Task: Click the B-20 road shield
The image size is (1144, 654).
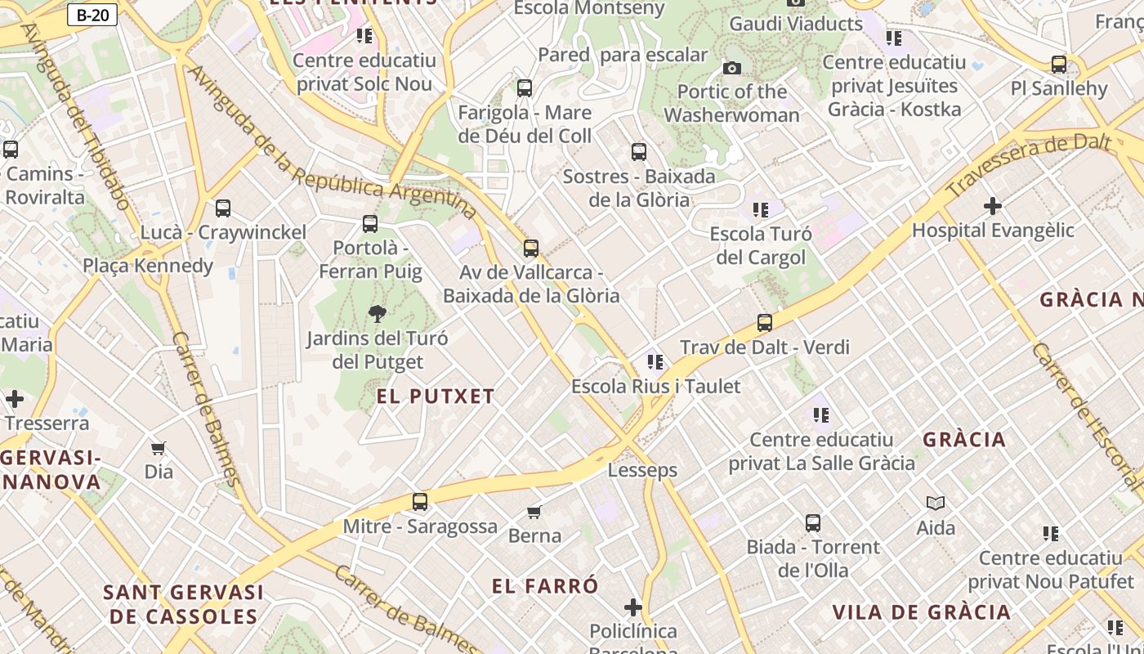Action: click(x=92, y=15)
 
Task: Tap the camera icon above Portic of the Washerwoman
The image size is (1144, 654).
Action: click(x=732, y=68)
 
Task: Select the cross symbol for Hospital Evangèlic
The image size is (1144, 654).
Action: click(x=993, y=206)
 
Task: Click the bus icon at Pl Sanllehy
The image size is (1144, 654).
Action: click(x=1059, y=64)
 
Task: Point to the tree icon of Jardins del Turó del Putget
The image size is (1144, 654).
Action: click(x=377, y=314)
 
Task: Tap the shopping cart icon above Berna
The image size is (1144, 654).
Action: click(x=534, y=513)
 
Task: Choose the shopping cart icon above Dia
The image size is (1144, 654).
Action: click(x=159, y=448)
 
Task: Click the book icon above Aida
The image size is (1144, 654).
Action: click(x=936, y=504)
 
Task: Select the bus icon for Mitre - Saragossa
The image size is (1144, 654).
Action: click(x=420, y=502)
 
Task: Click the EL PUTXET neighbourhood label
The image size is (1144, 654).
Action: click(x=436, y=397)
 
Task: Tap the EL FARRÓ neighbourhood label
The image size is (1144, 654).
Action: click(x=545, y=586)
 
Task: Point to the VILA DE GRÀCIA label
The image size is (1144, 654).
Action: click(x=921, y=612)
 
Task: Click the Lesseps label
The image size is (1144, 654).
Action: click(x=642, y=470)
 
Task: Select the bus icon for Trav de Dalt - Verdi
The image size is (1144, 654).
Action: click(x=765, y=323)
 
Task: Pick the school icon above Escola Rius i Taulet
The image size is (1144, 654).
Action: click(x=655, y=362)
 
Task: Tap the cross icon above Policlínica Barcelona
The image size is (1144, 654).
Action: click(x=633, y=607)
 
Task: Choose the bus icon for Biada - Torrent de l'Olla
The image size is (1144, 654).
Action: click(x=813, y=522)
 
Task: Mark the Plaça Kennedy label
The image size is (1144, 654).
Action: click(x=148, y=266)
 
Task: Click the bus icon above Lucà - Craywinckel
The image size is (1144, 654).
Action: click(x=223, y=208)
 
